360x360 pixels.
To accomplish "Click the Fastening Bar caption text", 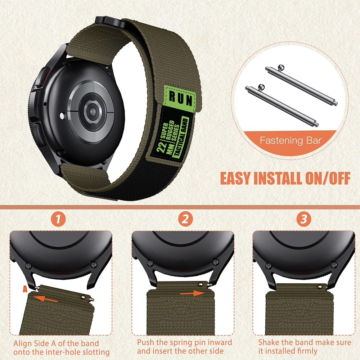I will pyautogui.click(x=291, y=140).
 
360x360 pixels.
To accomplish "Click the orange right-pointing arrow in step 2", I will pyautogui.click(x=191, y=294).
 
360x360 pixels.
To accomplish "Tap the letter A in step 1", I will pyautogui.click(x=24, y=288).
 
